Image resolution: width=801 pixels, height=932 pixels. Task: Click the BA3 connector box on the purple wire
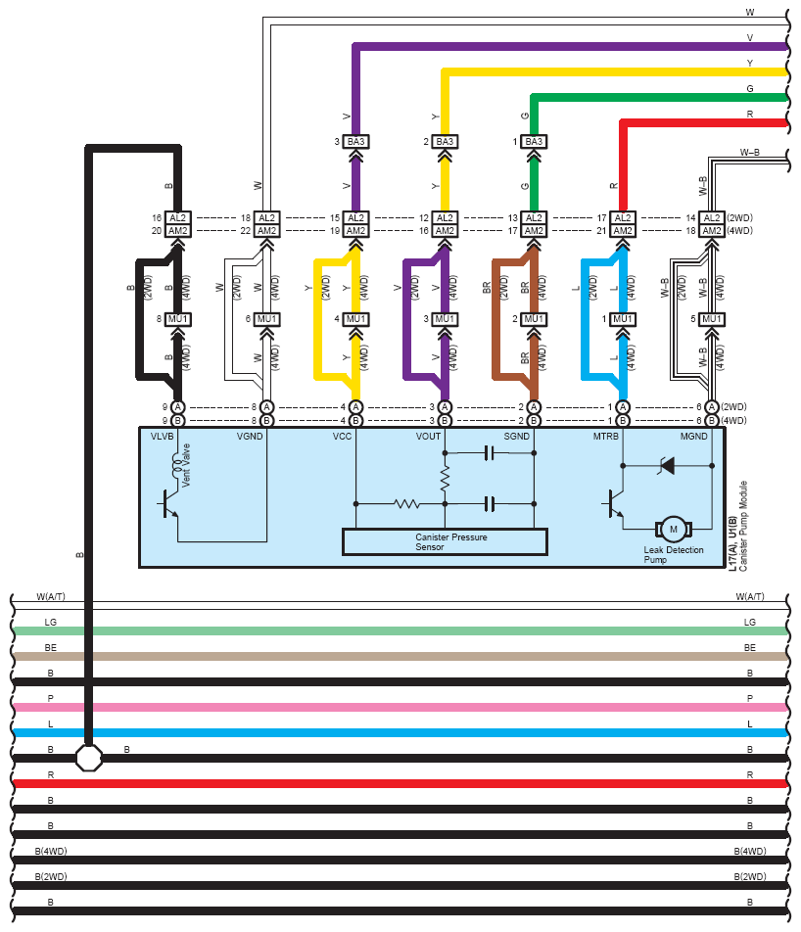coord(355,141)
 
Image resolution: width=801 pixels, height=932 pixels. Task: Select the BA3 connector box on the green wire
coord(534,141)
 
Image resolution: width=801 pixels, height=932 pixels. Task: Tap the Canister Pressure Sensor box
coord(445,541)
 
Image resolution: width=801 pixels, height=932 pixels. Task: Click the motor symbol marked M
coord(673,529)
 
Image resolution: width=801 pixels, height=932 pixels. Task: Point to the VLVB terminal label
coord(162,437)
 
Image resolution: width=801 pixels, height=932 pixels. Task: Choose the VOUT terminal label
coord(428,437)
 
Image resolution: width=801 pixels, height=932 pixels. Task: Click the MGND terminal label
coord(693,437)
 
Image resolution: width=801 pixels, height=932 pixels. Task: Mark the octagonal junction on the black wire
coord(88,758)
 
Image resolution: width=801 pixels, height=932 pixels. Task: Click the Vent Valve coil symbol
coord(176,466)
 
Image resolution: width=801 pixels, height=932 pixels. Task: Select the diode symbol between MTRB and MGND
coord(667,465)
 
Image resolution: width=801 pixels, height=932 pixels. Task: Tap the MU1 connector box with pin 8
coord(177,319)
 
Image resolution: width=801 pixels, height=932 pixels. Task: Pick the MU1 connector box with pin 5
coord(711,319)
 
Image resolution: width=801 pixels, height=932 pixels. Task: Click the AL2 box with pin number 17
coord(623,217)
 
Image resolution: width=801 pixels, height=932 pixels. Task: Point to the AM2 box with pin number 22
coord(266,231)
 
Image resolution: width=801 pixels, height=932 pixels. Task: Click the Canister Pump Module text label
coord(742,526)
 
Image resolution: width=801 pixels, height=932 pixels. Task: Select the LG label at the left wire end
coord(51,622)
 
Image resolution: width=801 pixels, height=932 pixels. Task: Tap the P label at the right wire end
coord(750,698)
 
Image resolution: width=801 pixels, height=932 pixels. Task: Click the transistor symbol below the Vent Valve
coord(168,505)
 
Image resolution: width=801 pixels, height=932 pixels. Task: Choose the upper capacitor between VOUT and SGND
coord(489,453)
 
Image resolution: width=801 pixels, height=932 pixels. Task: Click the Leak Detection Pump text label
coord(673,554)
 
